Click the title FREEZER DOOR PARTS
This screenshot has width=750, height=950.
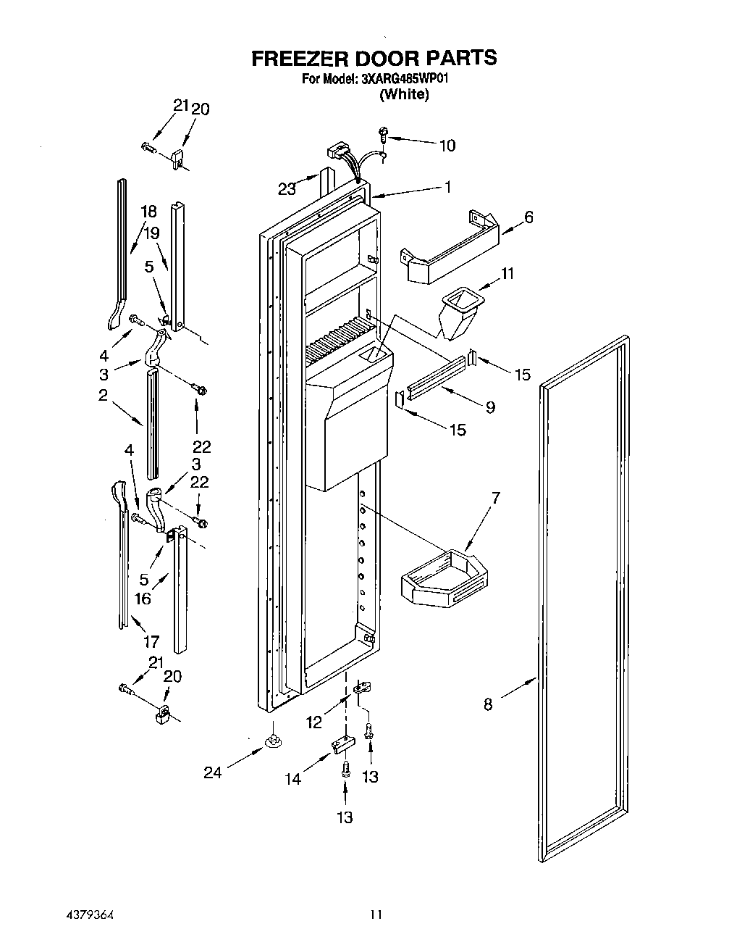374,58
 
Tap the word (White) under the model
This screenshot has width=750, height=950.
404,94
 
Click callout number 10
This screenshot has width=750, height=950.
447,146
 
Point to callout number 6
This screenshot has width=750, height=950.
528,217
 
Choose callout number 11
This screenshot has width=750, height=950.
507,273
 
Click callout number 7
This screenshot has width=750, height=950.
495,498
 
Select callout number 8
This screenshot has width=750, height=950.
488,704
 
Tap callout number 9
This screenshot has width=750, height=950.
490,407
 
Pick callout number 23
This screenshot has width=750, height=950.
287,189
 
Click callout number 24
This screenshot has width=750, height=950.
212,772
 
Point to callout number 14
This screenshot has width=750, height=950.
292,779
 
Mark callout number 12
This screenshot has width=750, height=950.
313,722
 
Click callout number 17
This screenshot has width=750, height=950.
151,641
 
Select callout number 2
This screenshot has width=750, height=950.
104,395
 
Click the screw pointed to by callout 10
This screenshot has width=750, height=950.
384,134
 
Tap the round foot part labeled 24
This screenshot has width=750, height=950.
274,741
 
